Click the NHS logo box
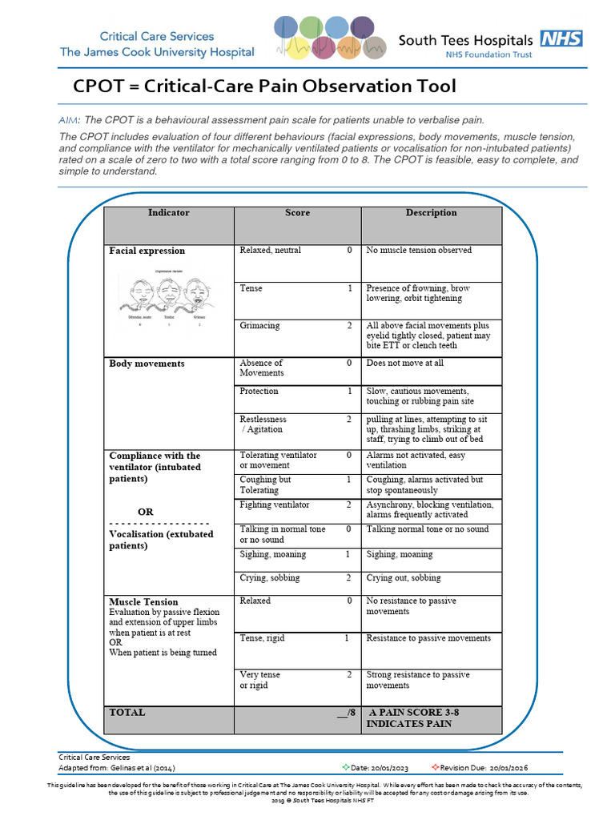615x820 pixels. [561, 38]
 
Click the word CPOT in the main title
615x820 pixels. [101, 86]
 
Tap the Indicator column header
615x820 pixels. [168, 213]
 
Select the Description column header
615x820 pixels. [431, 213]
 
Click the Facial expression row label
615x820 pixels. [147, 251]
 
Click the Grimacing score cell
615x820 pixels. [295, 326]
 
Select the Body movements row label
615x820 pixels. [147, 364]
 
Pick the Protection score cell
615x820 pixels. [295, 392]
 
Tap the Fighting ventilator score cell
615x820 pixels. [295, 505]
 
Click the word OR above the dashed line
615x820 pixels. [146, 512]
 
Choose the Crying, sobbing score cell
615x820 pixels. [295, 578]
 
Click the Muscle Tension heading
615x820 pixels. [143, 601]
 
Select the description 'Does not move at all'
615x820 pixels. [404, 364]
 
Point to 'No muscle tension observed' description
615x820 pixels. [419, 251]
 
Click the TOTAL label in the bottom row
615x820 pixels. [127, 712]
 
